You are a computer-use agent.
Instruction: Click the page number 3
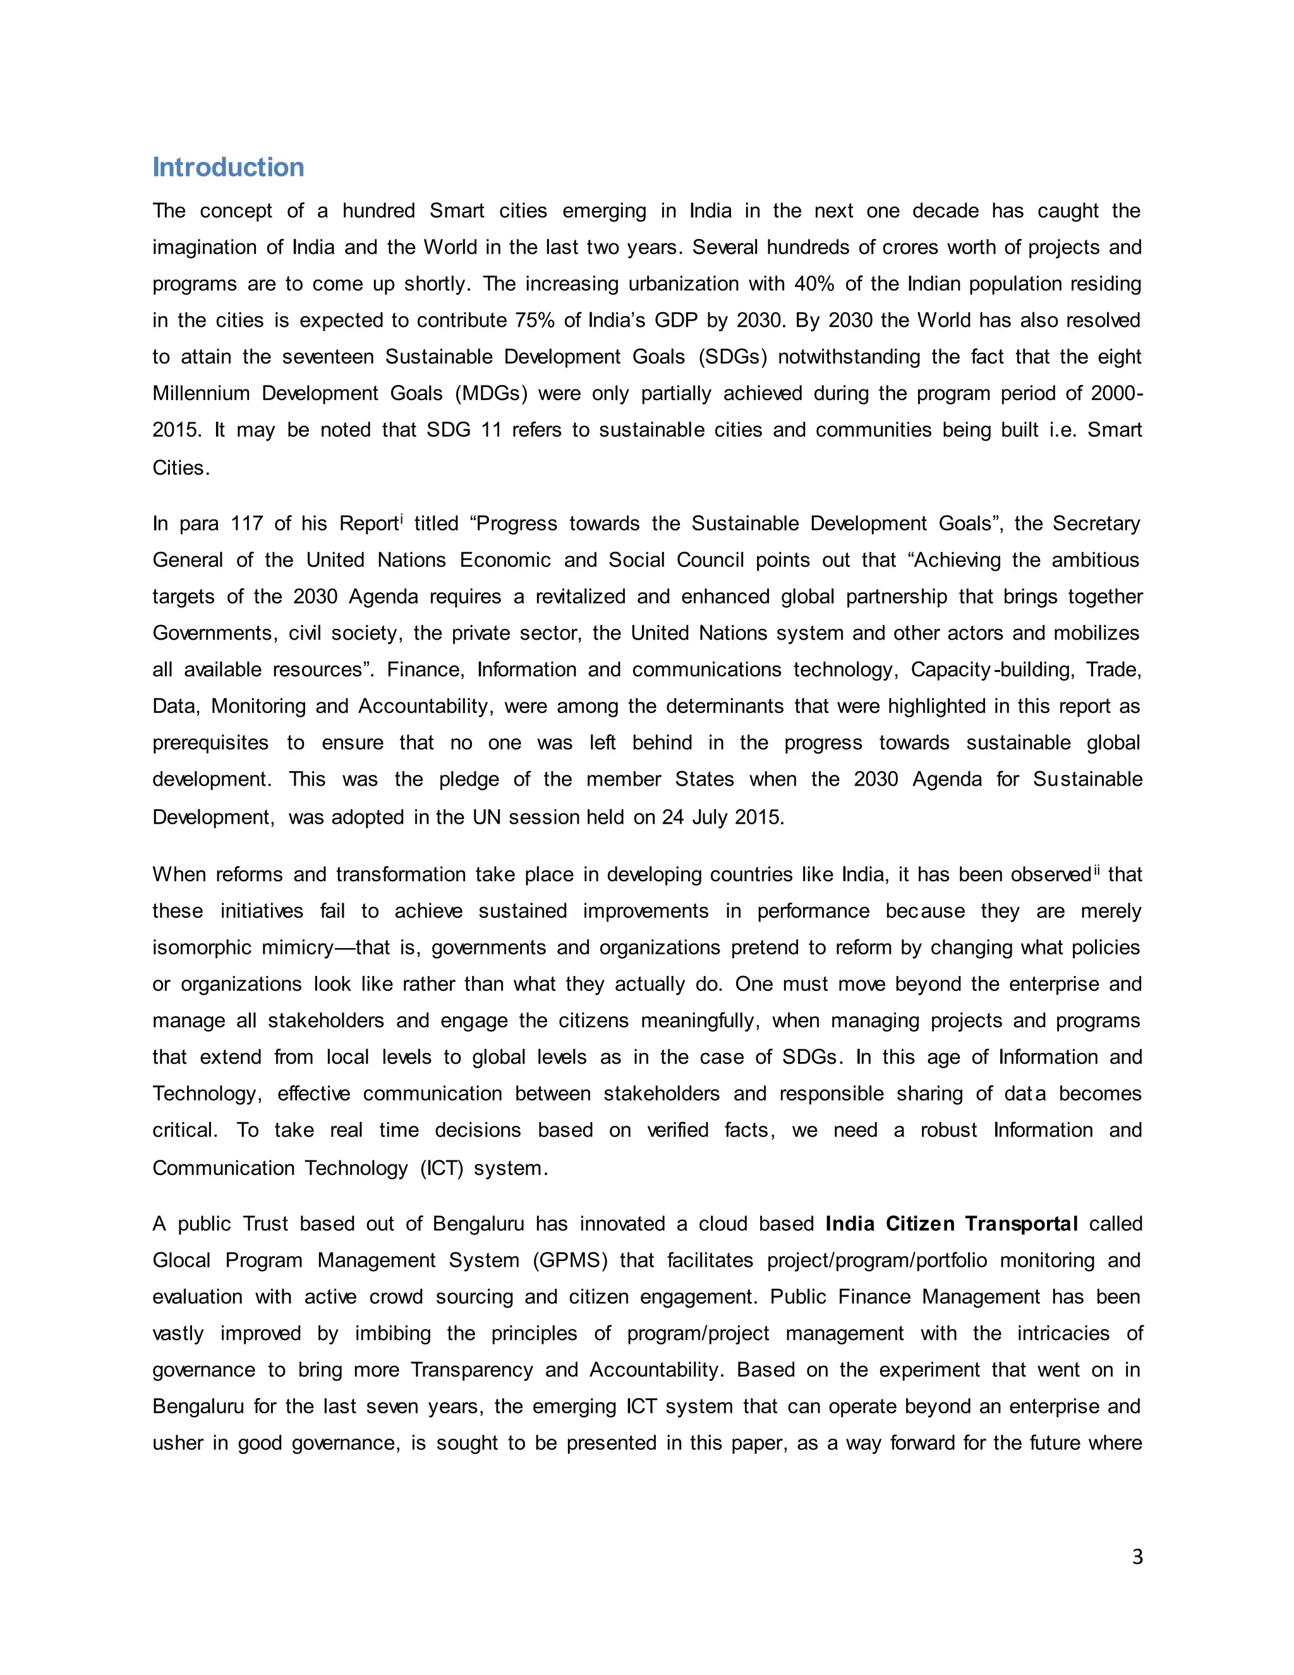[x=1137, y=1556]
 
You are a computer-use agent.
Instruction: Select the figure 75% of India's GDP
[x=535, y=320]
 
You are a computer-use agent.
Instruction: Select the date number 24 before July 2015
[x=672, y=817]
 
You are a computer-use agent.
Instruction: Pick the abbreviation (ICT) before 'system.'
[x=442, y=1168]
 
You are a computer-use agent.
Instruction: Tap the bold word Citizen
[x=919, y=1224]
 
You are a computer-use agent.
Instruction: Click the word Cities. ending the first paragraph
[x=181, y=468]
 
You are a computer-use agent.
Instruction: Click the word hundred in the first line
[x=378, y=211]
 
